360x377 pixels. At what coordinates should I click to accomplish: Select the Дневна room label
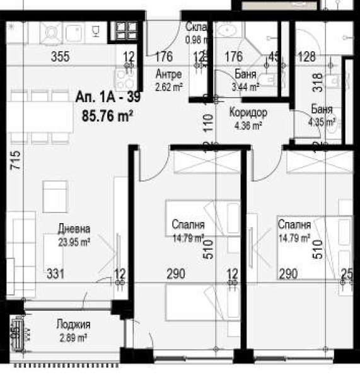[x=74, y=229]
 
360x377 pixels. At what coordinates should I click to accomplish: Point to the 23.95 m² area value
[x=74, y=240]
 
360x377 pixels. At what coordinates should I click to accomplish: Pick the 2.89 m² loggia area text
[x=73, y=337]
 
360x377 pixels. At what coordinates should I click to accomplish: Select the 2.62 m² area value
[x=168, y=88]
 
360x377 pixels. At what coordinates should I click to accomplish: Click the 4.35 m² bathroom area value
[x=322, y=122]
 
